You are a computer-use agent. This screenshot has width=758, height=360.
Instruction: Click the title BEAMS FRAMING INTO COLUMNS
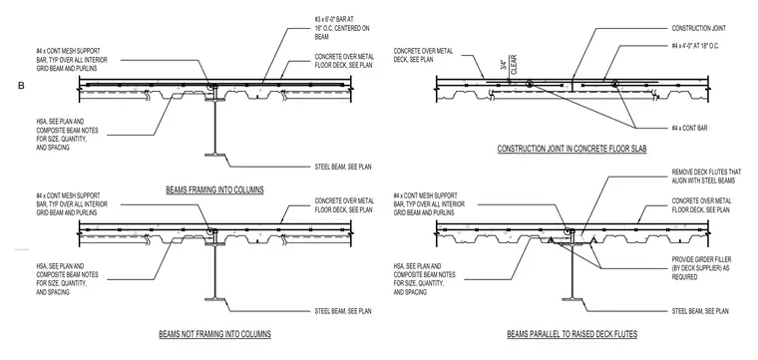click(214, 189)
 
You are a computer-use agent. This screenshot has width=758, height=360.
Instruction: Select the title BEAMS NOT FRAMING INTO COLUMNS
click(214, 334)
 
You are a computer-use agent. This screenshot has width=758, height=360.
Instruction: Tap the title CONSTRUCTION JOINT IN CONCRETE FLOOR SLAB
click(571, 149)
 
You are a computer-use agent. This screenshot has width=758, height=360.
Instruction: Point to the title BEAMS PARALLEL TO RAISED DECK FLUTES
click(571, 334)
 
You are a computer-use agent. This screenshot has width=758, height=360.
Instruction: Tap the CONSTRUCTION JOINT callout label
click(698, 29)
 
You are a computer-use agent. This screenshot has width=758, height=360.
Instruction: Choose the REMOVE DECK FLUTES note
click(706, 177)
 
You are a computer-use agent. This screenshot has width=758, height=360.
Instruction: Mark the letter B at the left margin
click(21, 86)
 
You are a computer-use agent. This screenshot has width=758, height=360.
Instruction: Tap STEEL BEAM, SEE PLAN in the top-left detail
click(343, 168)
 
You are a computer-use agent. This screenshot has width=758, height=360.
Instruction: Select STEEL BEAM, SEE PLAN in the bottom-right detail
click(700, 311)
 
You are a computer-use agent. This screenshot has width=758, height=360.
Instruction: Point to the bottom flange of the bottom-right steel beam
click(572, 299)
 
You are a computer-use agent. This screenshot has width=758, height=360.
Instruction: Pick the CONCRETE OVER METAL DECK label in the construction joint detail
click(423, 55)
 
